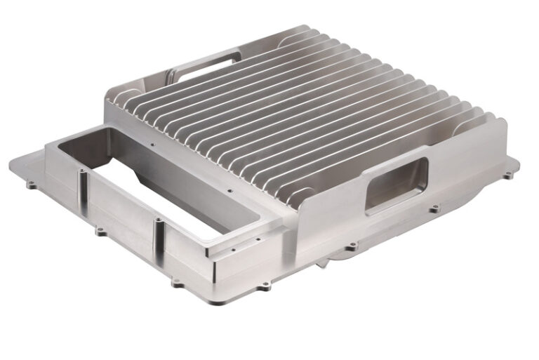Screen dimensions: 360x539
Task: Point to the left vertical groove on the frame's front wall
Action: [x=84, y=186]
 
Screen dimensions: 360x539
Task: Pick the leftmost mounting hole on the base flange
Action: [x=31, y=186]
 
